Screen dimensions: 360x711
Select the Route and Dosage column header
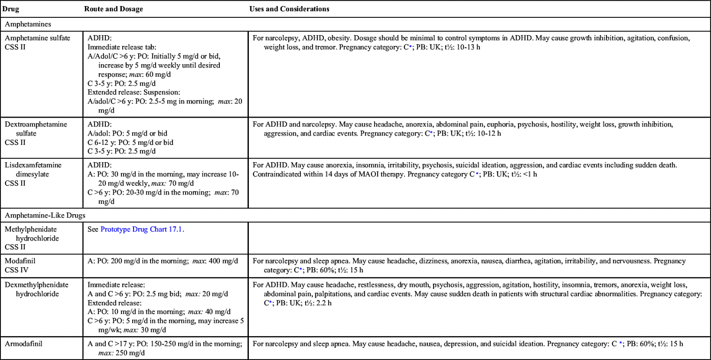pyautogui.click(x=113, y=9)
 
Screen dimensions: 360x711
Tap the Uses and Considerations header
pyautogui.click(x=289, y=9)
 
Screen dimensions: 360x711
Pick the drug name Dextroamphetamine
pyautogui.click(x=36, y=124)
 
